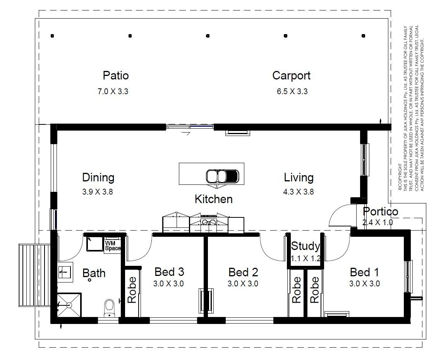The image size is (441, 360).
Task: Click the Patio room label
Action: pyautogui.click(x=116, y=76)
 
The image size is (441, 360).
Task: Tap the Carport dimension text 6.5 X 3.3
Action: pyautogui.click(x=292, y=91)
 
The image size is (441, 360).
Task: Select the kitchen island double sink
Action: pyautogui.click(x=223, y=176)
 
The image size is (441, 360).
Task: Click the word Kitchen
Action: pyautogui.click(x=214, y=199)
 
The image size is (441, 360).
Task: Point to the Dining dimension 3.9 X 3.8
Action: pyautogui.click(x=98, y=192)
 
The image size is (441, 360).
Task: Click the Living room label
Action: pyautogui.click(x=299, y=177)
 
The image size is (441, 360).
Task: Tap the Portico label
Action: pyautogui.click(x=381, y=211)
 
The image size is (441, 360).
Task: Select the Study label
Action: pyautogui.click(x=305, y=246)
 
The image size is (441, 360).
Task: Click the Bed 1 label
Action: pyautogui.click(x=364, y=272)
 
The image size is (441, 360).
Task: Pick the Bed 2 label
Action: pyautogui.click(x=243, y=272)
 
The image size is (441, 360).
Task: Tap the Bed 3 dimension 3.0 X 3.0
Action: pyautogui.click(x=168, y=283)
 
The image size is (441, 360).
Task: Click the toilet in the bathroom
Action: pyautogui.click(x=109, y=308)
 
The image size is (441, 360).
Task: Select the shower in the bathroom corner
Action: pyautogui.click(x=69, y=305)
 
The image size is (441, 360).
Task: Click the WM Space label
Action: pyautogui.click(x=113, y=245)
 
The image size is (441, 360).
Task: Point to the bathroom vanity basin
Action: pyautogui.click(x=65, y=272)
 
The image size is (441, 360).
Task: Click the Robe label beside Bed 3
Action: pyautogui.click(x=132, y=290)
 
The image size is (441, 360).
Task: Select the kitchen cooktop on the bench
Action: pyautogui.click(x=208, y=221)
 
